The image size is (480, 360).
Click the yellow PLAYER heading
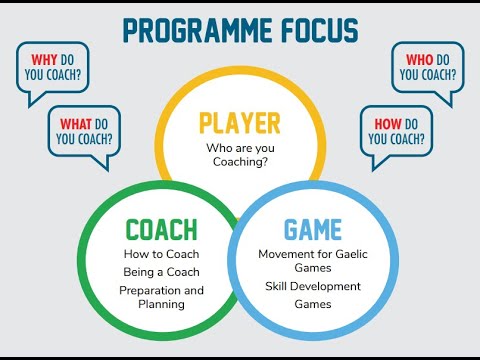(x=240, y=123)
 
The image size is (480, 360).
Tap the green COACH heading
(x=161, y=229)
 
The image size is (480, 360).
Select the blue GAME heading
(x=313, y=229)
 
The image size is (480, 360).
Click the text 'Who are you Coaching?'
(x=240, y=156)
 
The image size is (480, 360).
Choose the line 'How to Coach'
(x=161, y=254)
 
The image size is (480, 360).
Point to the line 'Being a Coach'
(x=161, y=272)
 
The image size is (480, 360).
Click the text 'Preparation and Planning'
(x=161, y=297)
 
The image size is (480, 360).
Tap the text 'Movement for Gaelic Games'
(x=314, y=261)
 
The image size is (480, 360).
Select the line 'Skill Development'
(x=314, y=286)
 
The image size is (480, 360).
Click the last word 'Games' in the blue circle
(x=313, y=304)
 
